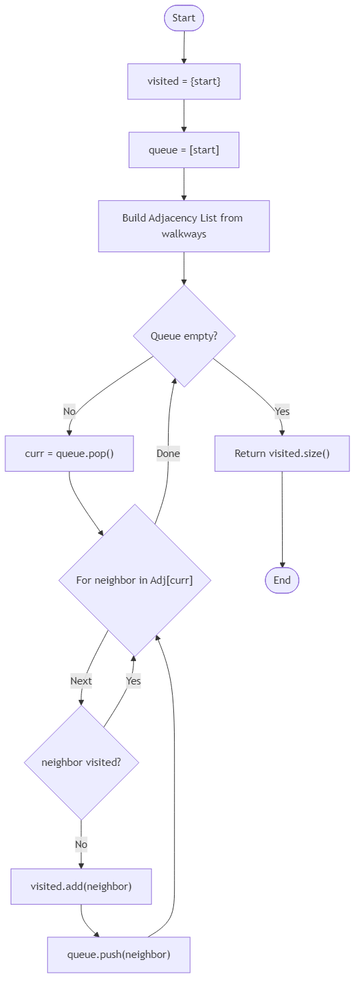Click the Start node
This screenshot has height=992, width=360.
click(x=183, y=18)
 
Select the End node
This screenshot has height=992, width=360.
click(x=282, y=580)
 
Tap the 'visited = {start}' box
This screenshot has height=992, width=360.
click(x=184, y=81)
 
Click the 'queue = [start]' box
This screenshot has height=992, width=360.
click(x=184, y=149)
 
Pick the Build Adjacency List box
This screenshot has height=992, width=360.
click(x=184, y=226)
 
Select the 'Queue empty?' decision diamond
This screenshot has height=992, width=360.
click(x=184, y=336)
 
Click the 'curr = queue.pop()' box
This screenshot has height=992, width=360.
click(x=69, y=454)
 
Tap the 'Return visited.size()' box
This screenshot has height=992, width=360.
click(x=282, y=454)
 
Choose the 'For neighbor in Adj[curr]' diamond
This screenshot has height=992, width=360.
click(x=135, y=580)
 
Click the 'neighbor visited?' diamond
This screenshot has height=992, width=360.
click(x=81, y=762)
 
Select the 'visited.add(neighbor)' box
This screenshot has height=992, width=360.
click(x=81, y=887)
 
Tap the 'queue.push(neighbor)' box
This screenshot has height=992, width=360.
click(x=119, y=955)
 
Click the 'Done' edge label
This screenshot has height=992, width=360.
click(x=168, y=454)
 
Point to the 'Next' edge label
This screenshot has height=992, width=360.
click(x=81, y=681)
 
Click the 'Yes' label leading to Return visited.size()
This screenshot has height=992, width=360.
click(x=282, y=412)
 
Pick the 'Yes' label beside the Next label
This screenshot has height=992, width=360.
click(x=133, y=681)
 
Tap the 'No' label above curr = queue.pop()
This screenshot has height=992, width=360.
click(x=69, y=412)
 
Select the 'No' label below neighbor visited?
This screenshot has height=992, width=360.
click(x=81, y=845)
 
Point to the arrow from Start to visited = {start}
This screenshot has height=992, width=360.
click(x=184, y=47)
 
